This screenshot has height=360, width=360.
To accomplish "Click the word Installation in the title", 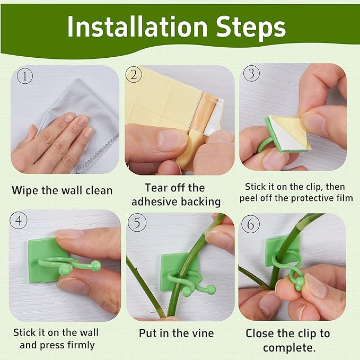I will click(x=138, y=27).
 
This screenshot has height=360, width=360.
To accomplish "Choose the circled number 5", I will click(x=137, y=223).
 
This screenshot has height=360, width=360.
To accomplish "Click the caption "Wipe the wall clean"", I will click(x=62, y=190).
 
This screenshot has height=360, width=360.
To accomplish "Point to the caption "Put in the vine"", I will click(x=177, y=333).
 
